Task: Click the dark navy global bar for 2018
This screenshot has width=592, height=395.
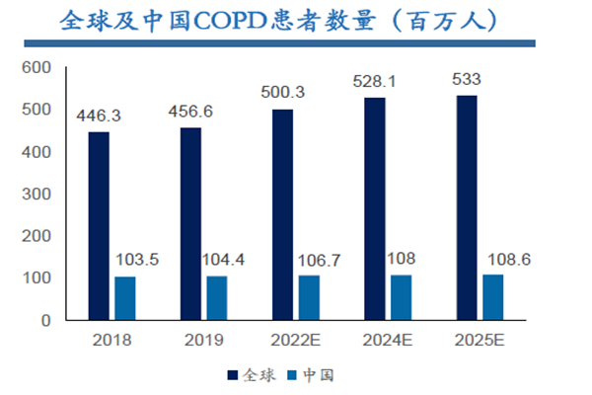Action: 99,226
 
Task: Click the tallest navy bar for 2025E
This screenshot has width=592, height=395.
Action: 467,207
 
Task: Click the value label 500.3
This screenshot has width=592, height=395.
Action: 282,93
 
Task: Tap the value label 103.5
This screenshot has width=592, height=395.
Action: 137,262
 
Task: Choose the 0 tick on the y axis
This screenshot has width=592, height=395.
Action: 45,320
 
